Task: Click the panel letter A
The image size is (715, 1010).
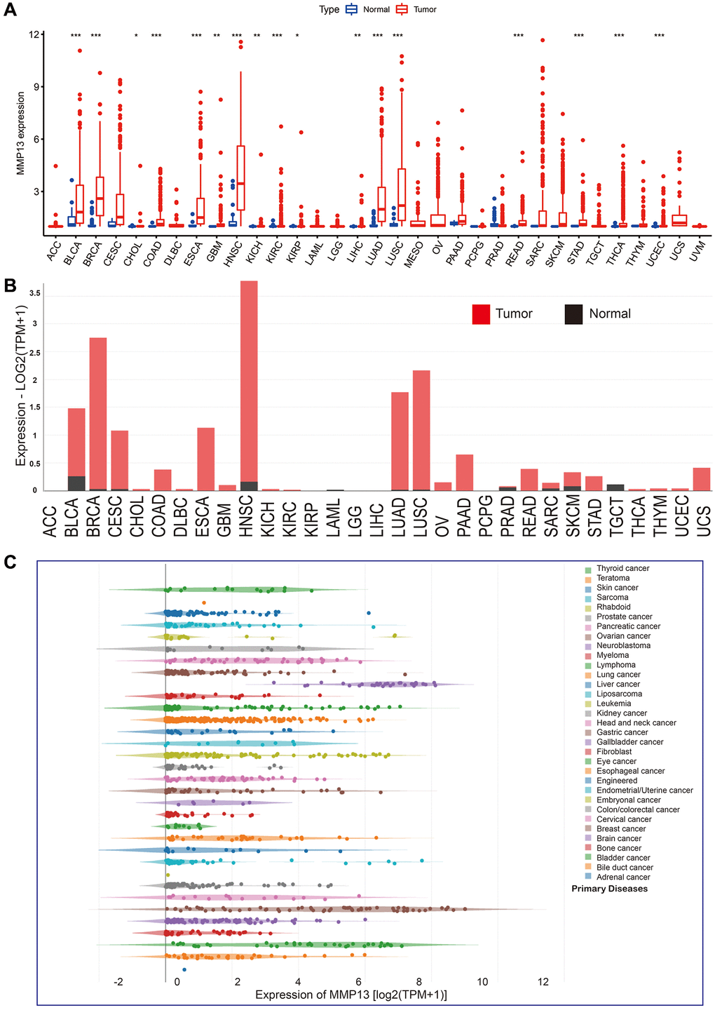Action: coord(10,10)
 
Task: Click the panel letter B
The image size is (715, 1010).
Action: coord(10,285)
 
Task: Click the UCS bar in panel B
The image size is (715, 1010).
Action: coord(702,479)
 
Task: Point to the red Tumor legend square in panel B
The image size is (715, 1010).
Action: coord(481,314)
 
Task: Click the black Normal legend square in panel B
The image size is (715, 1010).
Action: coord(573,314)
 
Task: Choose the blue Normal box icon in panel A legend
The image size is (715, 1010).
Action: coord(353,10)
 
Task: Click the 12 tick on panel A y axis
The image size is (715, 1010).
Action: coord(35,34)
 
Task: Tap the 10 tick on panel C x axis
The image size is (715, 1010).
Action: coord(482,982)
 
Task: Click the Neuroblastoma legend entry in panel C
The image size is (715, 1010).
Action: coord(623,645)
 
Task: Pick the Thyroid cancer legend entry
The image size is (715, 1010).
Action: coord(622,568)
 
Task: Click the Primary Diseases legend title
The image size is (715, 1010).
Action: coord(609,889)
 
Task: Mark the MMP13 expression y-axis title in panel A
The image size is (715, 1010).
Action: coord(21,133)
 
